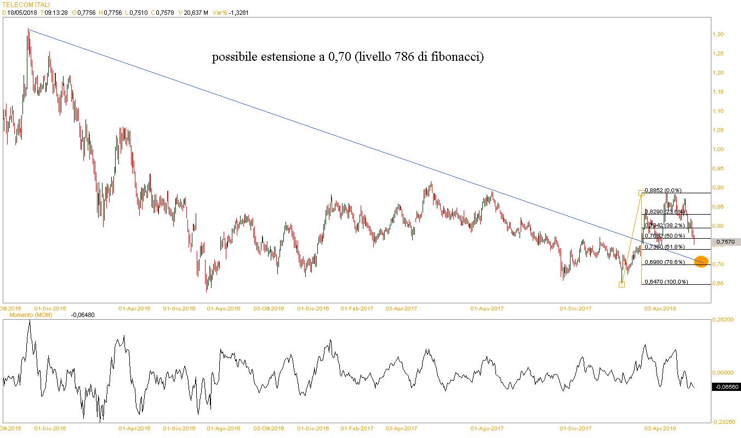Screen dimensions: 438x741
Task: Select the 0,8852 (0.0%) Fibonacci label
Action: tap(663, 190)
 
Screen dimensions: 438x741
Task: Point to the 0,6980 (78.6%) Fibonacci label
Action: tap(665, 262)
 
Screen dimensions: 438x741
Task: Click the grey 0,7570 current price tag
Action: tap(727, 241)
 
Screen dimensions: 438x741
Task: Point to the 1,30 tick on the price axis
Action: tap(719, 34)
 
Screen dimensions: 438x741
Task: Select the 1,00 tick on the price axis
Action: tap(719, 149)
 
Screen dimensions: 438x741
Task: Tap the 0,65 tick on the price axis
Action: tap(719, 284)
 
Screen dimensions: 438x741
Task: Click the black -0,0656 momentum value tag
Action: tap(727, 387)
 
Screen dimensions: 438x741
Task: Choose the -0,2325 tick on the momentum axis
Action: tap(723, 421)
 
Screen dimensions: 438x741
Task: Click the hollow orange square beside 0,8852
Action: tap(641, 193)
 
